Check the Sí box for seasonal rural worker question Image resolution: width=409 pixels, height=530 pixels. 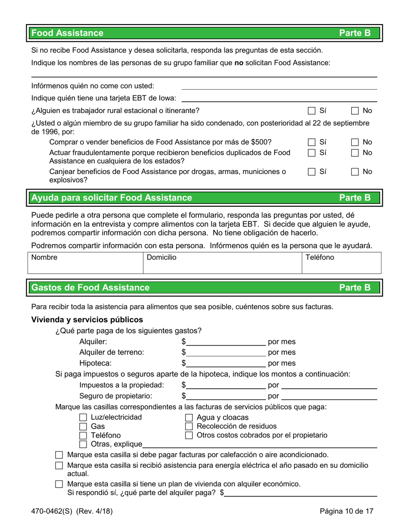pyautogui.click(x=312, y=111)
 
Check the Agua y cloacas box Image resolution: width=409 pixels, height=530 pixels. pyautogui.click(x=189, y=418)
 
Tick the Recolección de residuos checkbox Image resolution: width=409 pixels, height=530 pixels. pyautogui.click(x=189, y=427)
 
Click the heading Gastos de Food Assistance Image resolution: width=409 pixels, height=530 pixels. pyautogui.click(x=91, y=287)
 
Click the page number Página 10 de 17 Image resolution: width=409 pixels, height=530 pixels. pyautogui.click(x=346, y=512)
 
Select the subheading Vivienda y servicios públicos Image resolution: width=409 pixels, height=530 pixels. pyautogui.click(x=87, y=320)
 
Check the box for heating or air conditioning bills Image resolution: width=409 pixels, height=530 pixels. pyautogui.click(x=60, y=455)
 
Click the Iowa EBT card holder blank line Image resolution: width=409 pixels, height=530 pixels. pyautogui.click(x=280, y=99)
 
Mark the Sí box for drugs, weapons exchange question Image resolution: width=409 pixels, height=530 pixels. pyautogui.click(x=312, y=172)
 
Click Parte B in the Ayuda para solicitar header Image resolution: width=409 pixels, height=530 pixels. pyautogui.click(x=355, y=198)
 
